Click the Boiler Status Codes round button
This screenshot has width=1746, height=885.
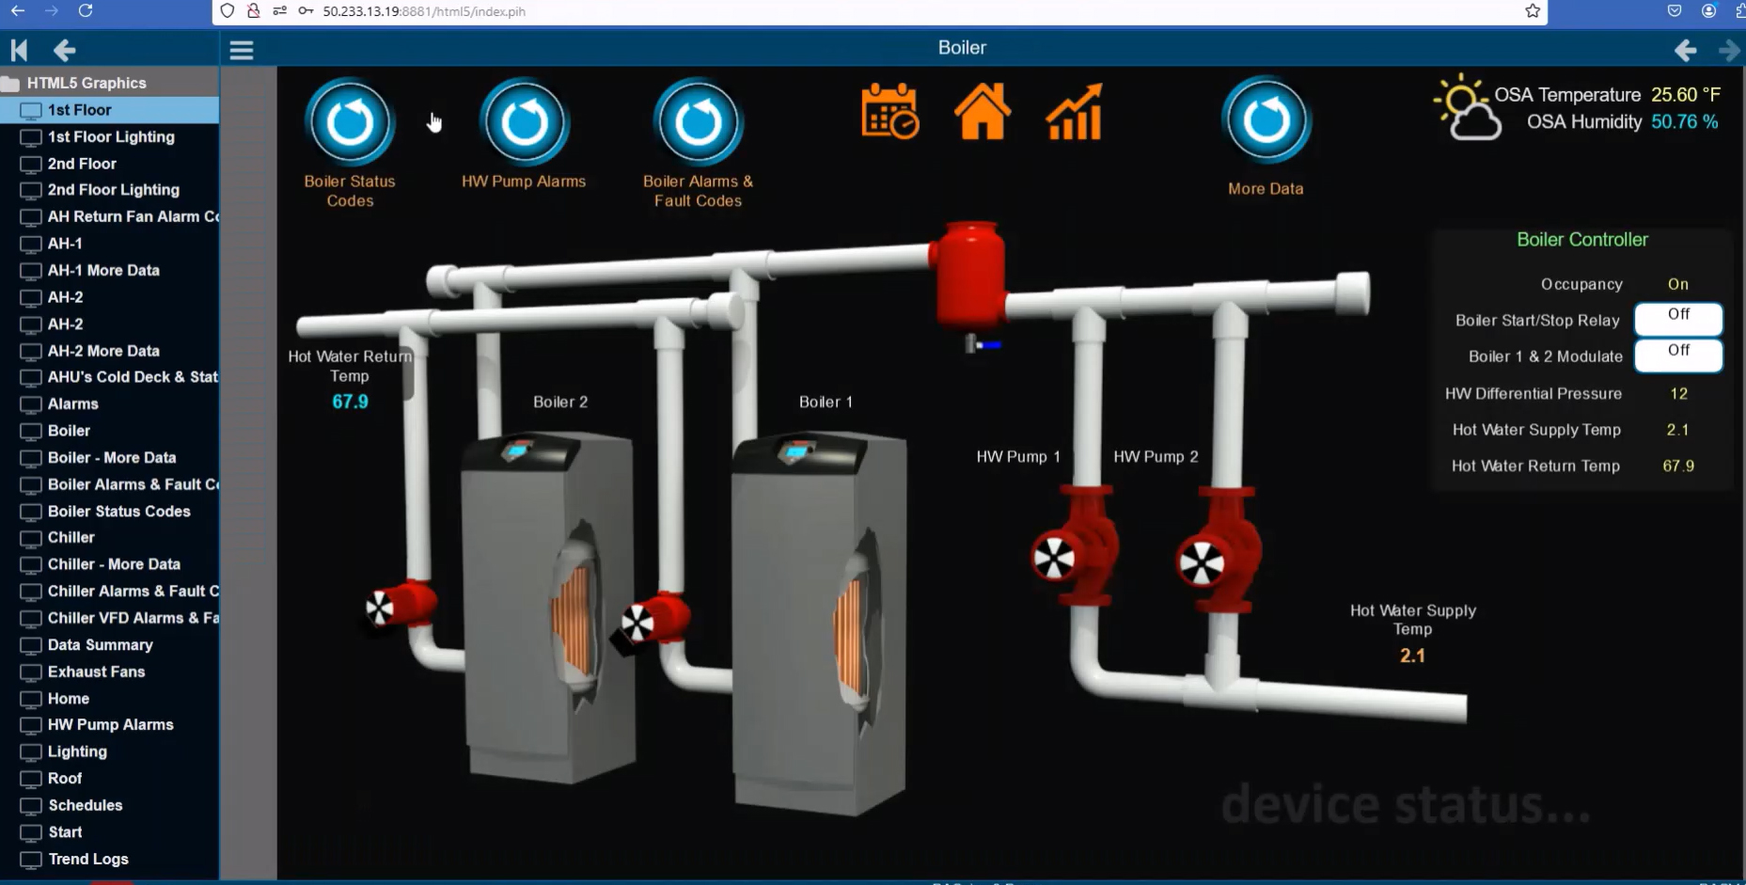click(x=350, y=123)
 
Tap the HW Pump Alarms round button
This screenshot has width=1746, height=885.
click(x=524, y=123)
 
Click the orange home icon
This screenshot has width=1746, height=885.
click(x=982, y=112)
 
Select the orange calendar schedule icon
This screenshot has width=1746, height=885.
click(x=889, y=112)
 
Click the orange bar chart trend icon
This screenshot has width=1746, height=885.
click(x=1074, y=112)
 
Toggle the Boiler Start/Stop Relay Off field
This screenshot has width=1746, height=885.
click(x=1678, y=319)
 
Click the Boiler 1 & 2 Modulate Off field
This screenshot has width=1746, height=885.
click(x=1678, y=355)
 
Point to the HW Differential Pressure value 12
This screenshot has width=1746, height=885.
click(x=1678, y=393)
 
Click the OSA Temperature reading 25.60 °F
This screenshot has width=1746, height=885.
click(x=1685, y=95)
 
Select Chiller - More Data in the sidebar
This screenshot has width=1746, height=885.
click(x=114, y=564)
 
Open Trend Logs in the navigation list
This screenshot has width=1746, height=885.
click(x=88, y=859)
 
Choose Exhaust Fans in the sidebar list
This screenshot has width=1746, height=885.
click(x=96, y=672)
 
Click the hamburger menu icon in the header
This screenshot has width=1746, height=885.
click(x=242, y=50)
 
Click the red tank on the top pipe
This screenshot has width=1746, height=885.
click(x=968, y=273)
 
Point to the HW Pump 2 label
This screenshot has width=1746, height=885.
click(x=1156, y=457)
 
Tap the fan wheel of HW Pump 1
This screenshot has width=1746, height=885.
click(x=1054, y=559)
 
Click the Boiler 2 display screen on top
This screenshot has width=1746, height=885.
click(x=516, y=450)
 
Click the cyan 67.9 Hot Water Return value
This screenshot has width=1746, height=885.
click(x=350, y=402)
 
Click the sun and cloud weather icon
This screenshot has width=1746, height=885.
click(x=1465, y=108)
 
